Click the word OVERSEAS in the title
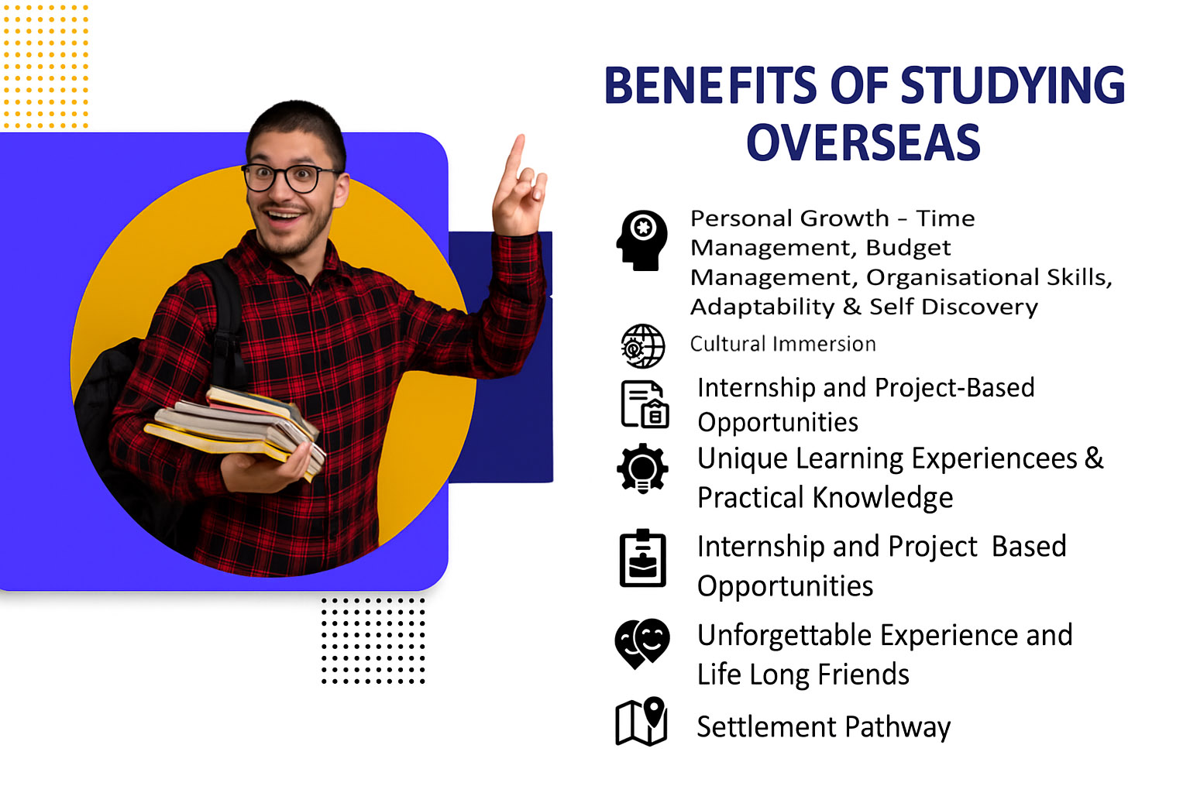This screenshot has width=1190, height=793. (863, 142)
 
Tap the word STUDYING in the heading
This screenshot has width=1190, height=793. (1013, 85)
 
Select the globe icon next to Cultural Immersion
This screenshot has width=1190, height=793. (642, 346)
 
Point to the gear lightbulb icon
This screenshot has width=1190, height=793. (642, 469)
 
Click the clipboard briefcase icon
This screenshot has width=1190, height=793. (642, 558)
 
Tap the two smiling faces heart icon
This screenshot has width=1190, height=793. (641, 643)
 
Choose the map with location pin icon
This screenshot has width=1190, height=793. (641, 722)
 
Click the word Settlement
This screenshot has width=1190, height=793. (766, 727)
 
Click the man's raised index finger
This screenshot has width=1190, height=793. (514, 155)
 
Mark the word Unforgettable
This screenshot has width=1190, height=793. (784, 635)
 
